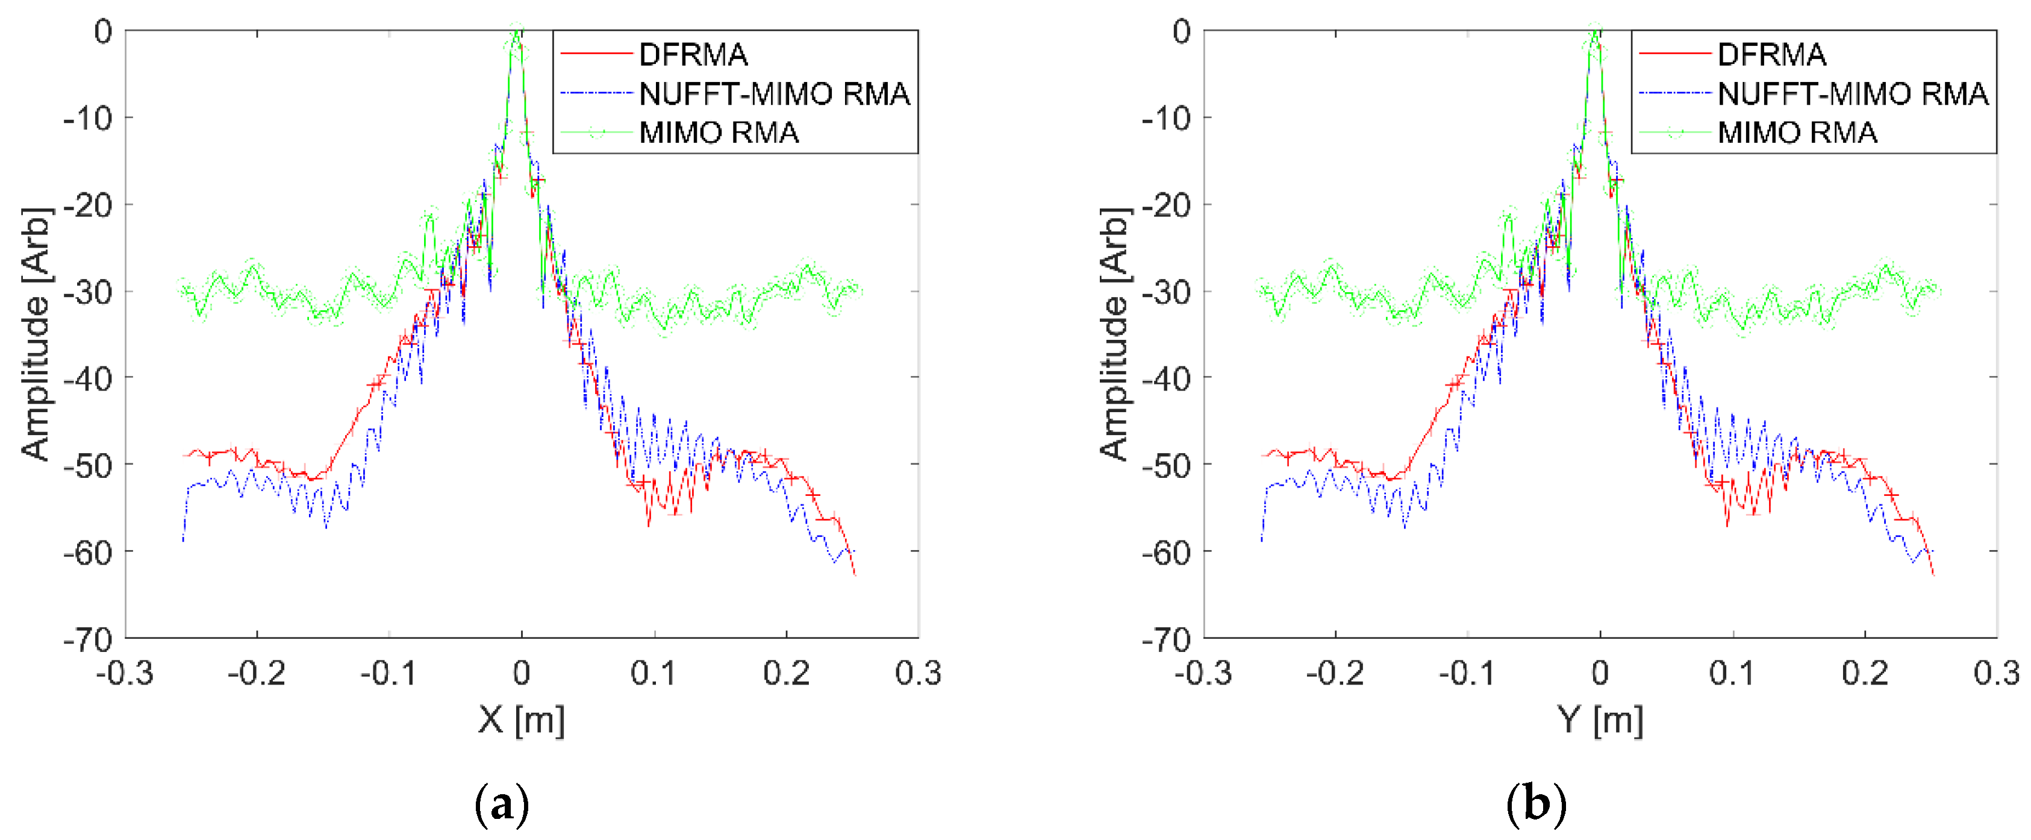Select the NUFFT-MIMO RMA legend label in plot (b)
(x=1852, y=94)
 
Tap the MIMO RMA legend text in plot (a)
(x=719, y=133)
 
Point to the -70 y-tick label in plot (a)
(x=89, y=639)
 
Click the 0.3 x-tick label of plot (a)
(x=918, y=674)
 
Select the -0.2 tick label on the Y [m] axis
(x=1334, y=674)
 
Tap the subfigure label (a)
(x=502, y=805)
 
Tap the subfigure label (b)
(x=1536, y=805)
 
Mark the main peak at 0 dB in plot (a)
(x=517, y=31)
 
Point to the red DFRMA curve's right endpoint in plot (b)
(x=1933, y=574)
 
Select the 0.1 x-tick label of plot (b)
(x=1732, y=674)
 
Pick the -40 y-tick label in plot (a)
(x=89, y=378)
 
